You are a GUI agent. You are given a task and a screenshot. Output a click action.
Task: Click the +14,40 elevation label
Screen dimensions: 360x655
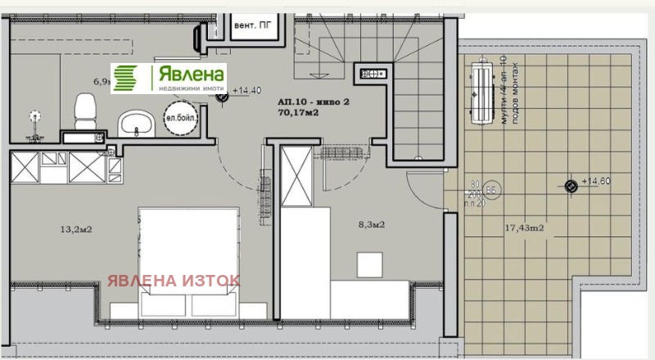pos(246,91)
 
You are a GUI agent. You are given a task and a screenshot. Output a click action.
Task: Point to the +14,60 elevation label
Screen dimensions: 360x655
pos(597,182)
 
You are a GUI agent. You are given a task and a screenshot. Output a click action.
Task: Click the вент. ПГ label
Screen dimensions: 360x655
pos(252,25)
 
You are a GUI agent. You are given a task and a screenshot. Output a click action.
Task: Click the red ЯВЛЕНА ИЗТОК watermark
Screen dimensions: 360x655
pos(174,281)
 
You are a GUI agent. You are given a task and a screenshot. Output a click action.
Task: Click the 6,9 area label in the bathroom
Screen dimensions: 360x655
pos(102,81)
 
